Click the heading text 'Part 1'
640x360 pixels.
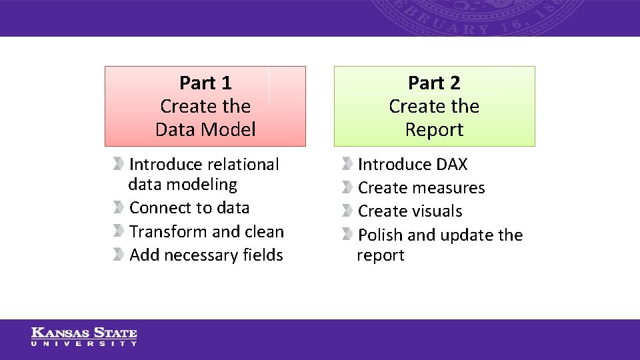[205, 83]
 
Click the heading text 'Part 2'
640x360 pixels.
[434, 83]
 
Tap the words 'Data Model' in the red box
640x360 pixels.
[205, 129]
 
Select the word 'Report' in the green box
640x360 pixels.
[434, 129]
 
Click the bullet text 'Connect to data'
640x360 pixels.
[189, 208]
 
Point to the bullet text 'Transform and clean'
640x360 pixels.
[207, 232]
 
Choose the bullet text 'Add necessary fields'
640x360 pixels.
[206, 255]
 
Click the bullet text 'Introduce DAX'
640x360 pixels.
[413, 165]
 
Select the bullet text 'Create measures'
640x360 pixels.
[421, 188]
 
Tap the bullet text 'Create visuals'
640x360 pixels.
[410, 211]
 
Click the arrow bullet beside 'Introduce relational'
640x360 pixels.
[118, 164]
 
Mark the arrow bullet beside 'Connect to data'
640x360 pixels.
[118, 207]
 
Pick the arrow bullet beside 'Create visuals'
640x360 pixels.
[347, 211]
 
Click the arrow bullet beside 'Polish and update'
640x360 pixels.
[347, 235]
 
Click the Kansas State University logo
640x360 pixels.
[84, 337]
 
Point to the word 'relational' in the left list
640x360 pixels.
[243, 165]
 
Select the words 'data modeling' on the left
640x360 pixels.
[183, 185]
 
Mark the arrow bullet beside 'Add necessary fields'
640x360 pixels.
[118, 255]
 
